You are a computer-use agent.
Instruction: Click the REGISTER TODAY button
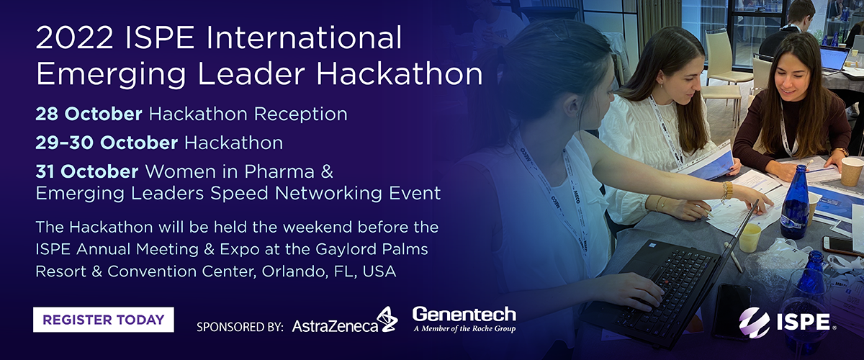pyautogui.click(x=104, y=320)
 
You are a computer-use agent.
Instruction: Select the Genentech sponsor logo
pyautogui.click(x=464, y=320)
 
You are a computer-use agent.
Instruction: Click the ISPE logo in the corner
pyautogui.click(x=788, y=322)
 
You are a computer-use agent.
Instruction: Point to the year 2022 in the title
pyautogui.click(x=74, y=38)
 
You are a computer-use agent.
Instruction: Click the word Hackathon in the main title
pyautogui.click(x=399, y=73)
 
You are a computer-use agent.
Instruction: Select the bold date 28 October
pyautogui.click(x=89, y=114)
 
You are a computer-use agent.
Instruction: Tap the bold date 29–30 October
pyautogui.click(x=107, y=143)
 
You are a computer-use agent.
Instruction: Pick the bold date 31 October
pyautogui.click(x=87, y=171)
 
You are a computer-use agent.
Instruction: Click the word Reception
pyautogui.click(x=300, y=114)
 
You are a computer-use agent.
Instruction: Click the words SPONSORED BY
pyautogui.click(x=240, y=327)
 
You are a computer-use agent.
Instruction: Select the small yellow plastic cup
pyautogui.click(x=750, y=238)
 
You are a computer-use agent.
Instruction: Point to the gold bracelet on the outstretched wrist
pyautogui.click(x=726, y=192)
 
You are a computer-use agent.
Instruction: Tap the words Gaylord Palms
pyautogui.click(x=372, y=250)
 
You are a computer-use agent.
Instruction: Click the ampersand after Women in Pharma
pyautogui.click(x=327, y=171)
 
